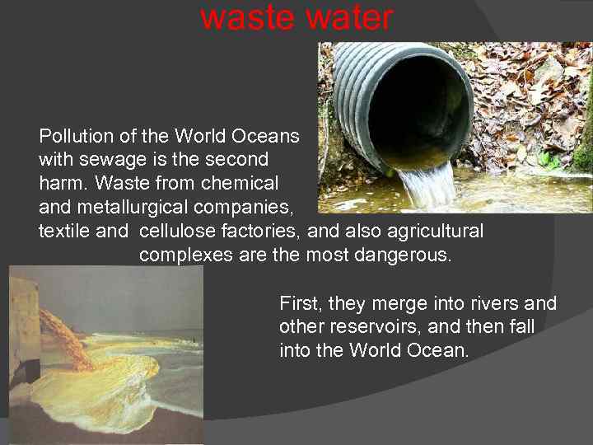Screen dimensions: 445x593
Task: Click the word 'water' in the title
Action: pos(349,17)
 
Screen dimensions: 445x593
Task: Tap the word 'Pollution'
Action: pos(72,135)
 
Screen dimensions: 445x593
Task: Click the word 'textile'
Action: pos(64,232)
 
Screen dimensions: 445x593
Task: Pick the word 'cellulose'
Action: pos(177,232)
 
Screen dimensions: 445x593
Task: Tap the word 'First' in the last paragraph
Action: pos(299,303)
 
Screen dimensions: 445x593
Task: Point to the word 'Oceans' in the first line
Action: pos(271,135)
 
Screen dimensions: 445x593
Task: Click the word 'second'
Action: pos(239,157)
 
